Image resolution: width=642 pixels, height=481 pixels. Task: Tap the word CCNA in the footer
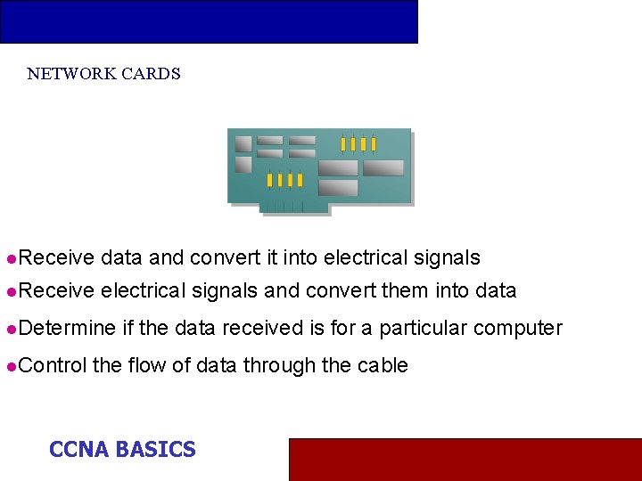pyautogui.click(x=78, y=450)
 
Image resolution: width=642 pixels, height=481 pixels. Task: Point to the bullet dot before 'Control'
pyautogui.click(x=10, y=366)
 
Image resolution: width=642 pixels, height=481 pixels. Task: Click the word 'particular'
pyautogui.click(x=424, y=329)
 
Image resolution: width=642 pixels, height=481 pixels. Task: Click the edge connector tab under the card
pyautogui.click(x=293, y=208)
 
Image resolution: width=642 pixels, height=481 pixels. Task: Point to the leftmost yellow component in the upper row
pyautogui.click(x=342, y=143)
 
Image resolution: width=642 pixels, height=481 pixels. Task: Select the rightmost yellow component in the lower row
pyautogui.click(x=300, y=180)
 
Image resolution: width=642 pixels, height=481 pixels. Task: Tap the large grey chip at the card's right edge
pyautogui.click(x=383, y=167)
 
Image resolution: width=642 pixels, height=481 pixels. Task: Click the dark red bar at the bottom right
pyautogui.click(x=465, y=459)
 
